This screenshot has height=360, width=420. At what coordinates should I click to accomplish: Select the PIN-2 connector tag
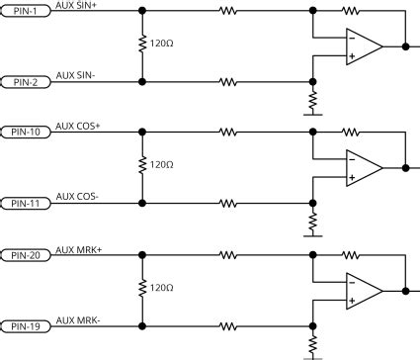click(x=26, y=82)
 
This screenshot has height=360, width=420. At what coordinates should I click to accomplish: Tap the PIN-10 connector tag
click(x=26, y=131)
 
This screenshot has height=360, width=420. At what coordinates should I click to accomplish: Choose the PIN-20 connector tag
click(x=26, y=255)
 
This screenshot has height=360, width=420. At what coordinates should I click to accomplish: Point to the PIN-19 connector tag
click(x=26, y=326)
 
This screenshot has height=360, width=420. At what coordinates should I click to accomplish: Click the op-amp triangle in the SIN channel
click(x=362, y=46)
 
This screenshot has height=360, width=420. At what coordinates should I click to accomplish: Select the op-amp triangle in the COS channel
click(x=362, y=167)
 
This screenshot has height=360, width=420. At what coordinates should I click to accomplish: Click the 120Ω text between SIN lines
click(x=162, y=45)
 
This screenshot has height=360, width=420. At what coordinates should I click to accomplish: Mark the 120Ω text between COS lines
click(x=162, y=165)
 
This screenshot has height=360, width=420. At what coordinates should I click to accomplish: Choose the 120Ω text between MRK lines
click(x=162, y=288)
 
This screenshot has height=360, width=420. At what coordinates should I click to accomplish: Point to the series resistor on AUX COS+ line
click(x=228, y=131)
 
